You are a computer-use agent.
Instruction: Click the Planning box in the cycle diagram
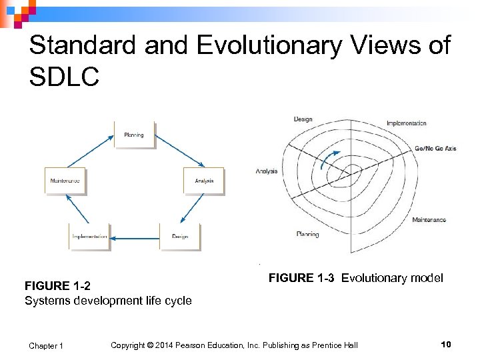[134, 135]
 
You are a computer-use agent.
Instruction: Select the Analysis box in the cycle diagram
[204, 181]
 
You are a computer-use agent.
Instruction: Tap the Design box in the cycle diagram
[180, 237]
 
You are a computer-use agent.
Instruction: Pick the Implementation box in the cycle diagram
[90, 237]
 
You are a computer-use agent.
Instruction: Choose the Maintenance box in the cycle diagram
[65, 181]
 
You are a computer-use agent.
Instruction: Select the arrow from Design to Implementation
[135, 237]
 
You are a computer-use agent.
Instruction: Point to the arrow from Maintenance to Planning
[90, 151]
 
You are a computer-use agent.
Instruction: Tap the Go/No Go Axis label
[435, 149]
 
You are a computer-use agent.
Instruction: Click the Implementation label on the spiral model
[406, 123]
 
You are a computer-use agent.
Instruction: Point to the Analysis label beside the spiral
[267, 171]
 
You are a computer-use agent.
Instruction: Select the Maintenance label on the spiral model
[429, 220]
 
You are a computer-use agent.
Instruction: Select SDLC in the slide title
[64, 76]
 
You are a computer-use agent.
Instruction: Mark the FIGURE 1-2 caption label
[57, 287]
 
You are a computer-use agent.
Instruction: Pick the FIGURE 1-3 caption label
[301, 278]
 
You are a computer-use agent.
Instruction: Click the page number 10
[446, 344]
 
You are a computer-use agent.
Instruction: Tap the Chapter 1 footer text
[46, 345]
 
